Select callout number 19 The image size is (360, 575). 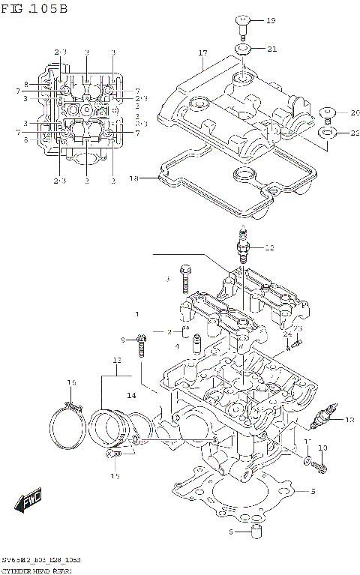pos(271,20)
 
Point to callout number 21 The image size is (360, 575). pos(271,49)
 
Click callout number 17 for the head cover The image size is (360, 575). pos(202,53)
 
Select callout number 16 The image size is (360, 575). pos(71,383)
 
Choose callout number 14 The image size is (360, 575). pos(130,395)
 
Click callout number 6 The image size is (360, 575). pos(232,532)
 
